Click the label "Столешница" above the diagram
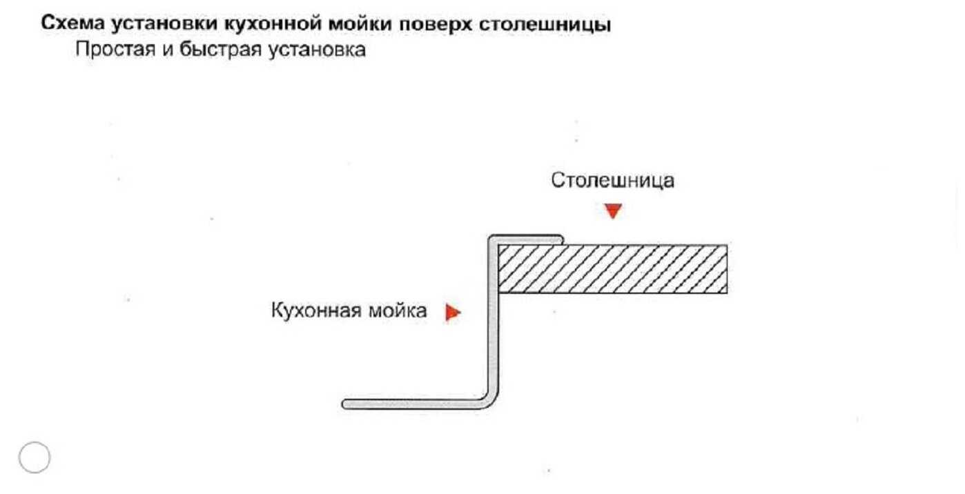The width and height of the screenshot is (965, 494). pos(612,181)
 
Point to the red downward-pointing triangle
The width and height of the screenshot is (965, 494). pos(612,211)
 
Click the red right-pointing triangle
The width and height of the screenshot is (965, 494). pos(452,313)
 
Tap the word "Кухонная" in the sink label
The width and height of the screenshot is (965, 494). pos(315,311)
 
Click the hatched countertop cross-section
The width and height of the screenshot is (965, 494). pos(612,269)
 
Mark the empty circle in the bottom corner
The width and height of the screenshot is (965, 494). pos(35,457)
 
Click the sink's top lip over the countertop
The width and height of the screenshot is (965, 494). pos(527,238)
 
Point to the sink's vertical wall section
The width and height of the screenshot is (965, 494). pos(491,324)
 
